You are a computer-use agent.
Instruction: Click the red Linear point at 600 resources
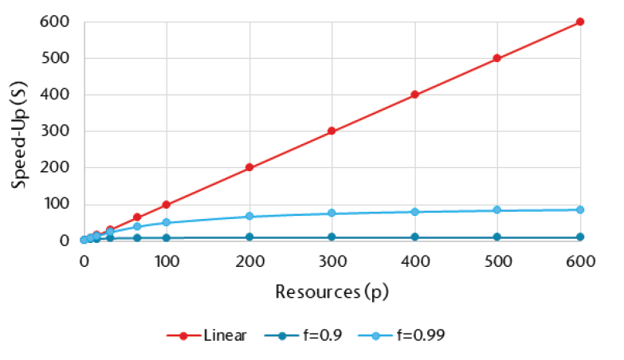click(x=580, y=22)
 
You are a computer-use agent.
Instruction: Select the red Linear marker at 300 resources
click(x=332, y=131)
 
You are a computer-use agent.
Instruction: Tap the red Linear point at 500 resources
click(x=497, y=58)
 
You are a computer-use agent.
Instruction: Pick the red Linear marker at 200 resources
click(x=249, y=167)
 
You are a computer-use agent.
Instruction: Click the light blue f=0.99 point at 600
click(x=580, y=209)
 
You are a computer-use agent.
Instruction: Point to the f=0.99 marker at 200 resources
click(x=249, y=216)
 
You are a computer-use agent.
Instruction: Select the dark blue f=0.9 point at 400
click(x=414, y=237)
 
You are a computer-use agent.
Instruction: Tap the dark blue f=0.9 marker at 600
click(x=580, y=237)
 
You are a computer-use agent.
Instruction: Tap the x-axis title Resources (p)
click(x=332, y=292)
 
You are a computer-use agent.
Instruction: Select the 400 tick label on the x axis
click(x=414, y=260)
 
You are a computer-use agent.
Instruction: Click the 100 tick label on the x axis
click(x=167, y=260)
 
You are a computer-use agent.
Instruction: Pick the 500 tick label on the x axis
click(x=497, y=260)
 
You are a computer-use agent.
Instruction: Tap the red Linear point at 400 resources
click(x=414, y=95)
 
